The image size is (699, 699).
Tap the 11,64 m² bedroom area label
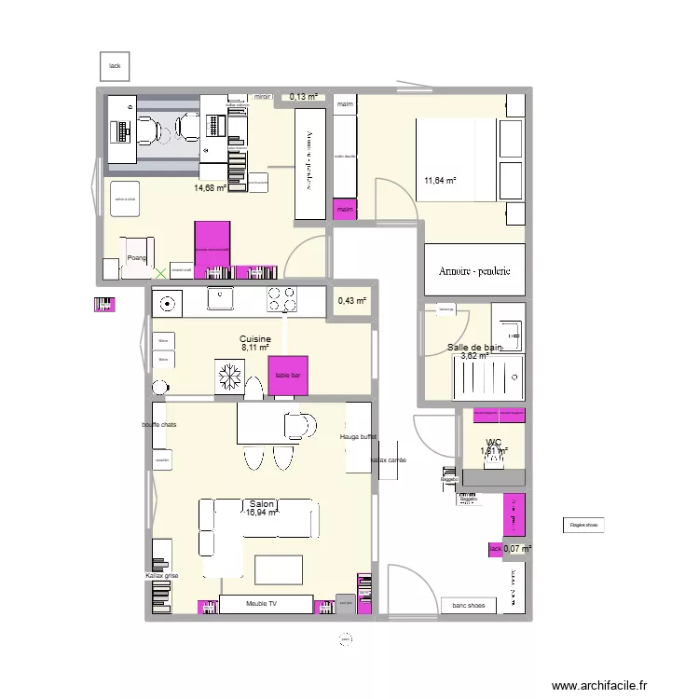coord(440,181)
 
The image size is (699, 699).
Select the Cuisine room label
coord(254,339)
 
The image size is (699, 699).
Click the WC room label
coord(494,444)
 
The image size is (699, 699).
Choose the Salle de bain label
coord(474,348)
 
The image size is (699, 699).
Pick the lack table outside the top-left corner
coord(115,66)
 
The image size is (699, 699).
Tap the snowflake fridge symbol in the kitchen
coord(228,376)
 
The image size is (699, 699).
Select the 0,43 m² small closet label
coord(352,301)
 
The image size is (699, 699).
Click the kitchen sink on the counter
coord(221,299)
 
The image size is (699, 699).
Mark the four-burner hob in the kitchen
coord(282,299)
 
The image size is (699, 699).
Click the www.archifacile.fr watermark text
coord(597,686)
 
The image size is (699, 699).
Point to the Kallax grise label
coord(161,576)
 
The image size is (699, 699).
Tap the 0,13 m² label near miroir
coord(303,96)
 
